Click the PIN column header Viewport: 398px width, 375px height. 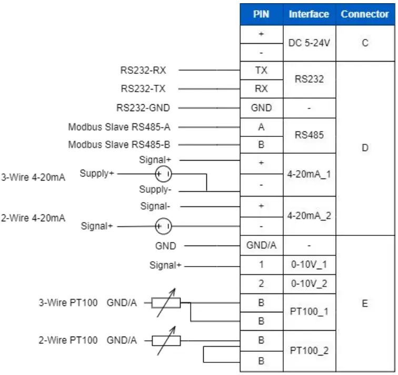click(x=261, y=14)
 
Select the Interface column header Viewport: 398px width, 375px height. click(x=309, y=14)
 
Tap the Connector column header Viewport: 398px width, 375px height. click(x=365, y=14)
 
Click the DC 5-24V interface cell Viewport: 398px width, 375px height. click(x=309, y=43)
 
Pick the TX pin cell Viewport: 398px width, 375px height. click(x=261, y=70)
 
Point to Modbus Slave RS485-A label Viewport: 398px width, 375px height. click(x=119, y=127)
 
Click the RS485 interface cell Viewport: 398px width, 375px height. click(x=309, y=135)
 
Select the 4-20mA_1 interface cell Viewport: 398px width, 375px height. click(x=309, y=174)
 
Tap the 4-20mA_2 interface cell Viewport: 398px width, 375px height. click(x=309, y=215)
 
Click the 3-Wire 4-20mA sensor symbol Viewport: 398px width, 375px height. click(x=163, y=173)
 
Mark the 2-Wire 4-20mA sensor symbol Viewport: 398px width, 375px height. click(x=163, y=226)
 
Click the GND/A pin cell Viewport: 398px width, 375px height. click(x=261, y=245)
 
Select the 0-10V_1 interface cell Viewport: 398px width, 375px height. click(x=309, y=264)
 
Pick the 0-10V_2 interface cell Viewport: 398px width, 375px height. click(x=309, y=284)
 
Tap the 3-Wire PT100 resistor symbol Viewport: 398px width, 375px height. click(x=166, y=302)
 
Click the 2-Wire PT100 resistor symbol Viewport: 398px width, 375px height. click(x=166, y=341)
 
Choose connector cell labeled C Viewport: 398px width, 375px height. click(x=365, y=43)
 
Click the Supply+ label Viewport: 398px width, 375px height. click(x=97, y=173)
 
